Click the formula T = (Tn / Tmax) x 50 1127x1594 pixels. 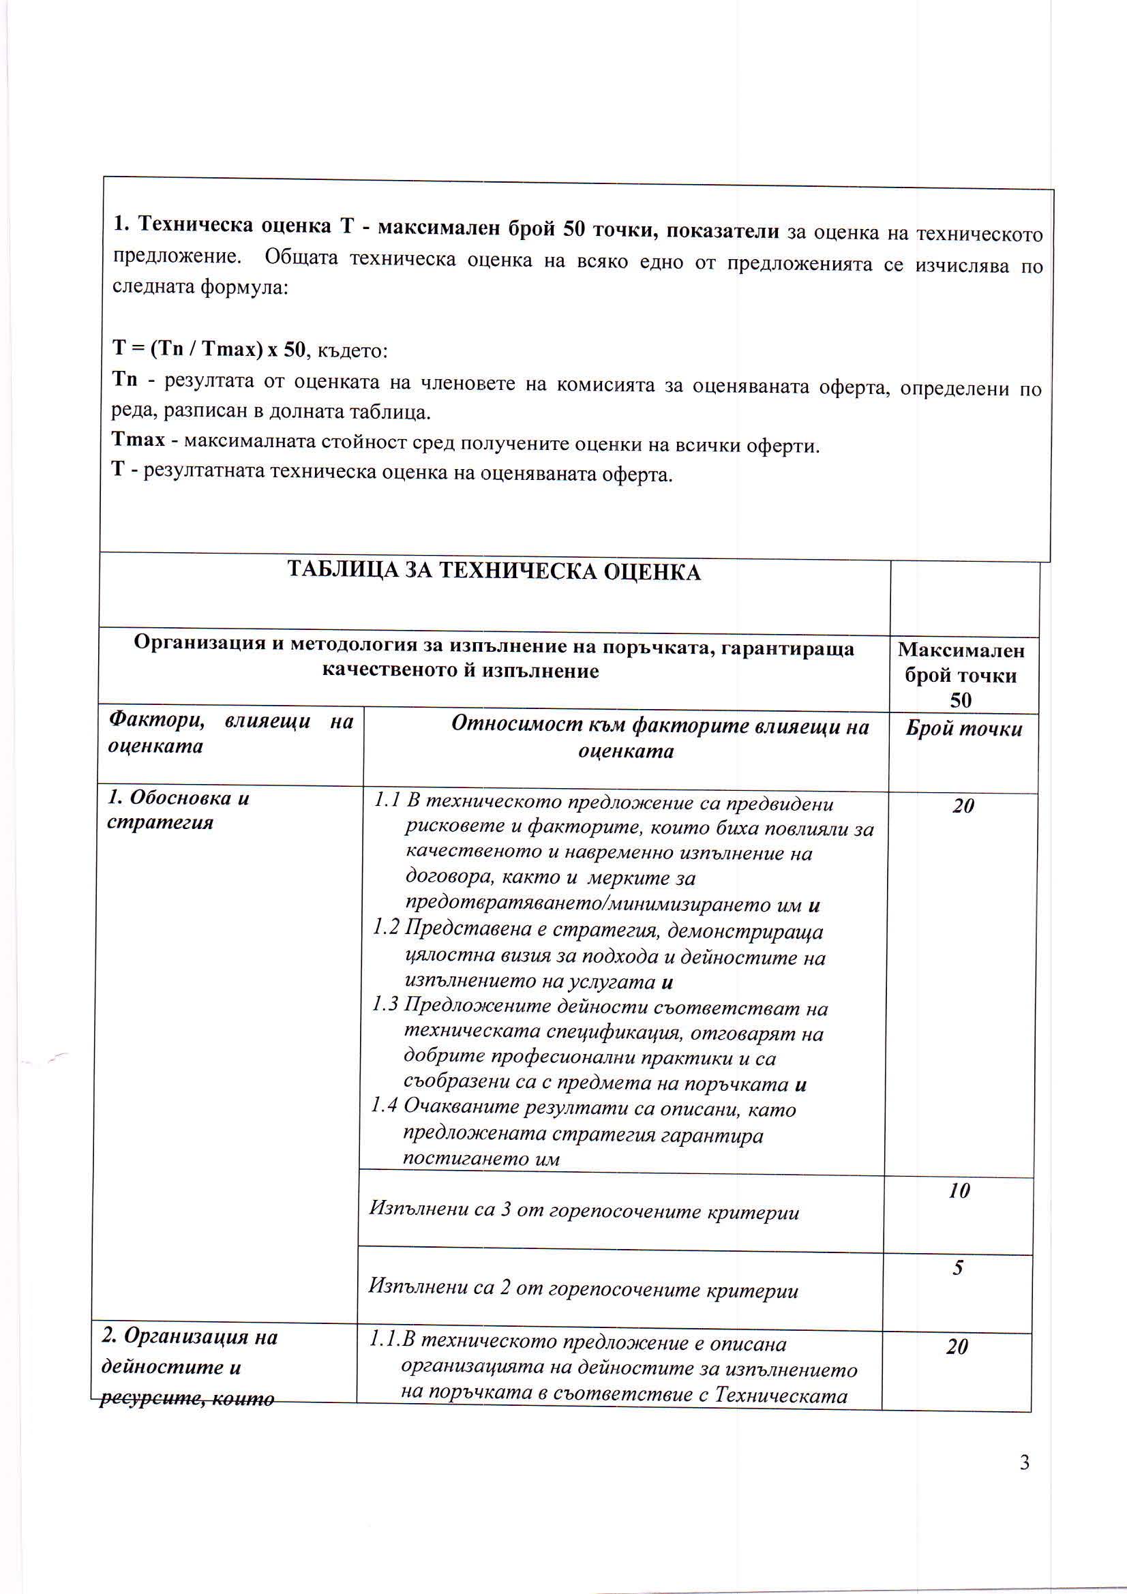(x=209, y=348)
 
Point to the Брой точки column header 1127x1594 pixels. (x=964, y=728)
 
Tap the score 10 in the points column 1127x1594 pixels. (x=959, y=1191)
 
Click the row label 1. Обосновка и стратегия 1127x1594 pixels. (x=178, y=809)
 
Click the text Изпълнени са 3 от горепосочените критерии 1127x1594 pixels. (x=584, y=1212)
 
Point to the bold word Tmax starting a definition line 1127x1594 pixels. (x=139, y=441)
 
